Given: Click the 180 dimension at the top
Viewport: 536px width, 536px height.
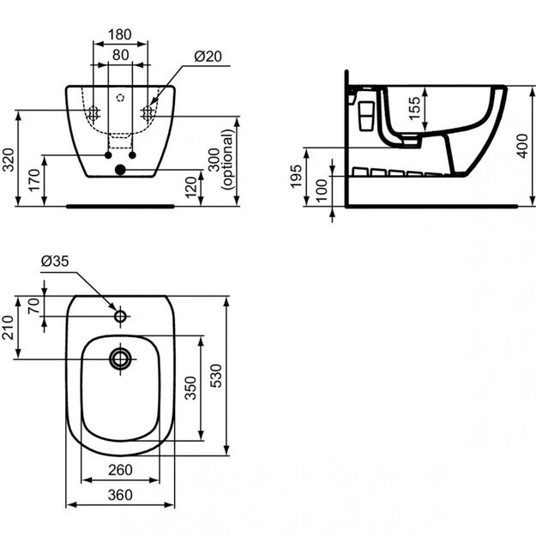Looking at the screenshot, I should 119,35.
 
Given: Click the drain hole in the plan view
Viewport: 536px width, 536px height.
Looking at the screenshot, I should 120,358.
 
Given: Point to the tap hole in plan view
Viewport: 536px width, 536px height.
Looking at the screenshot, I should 120,316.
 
